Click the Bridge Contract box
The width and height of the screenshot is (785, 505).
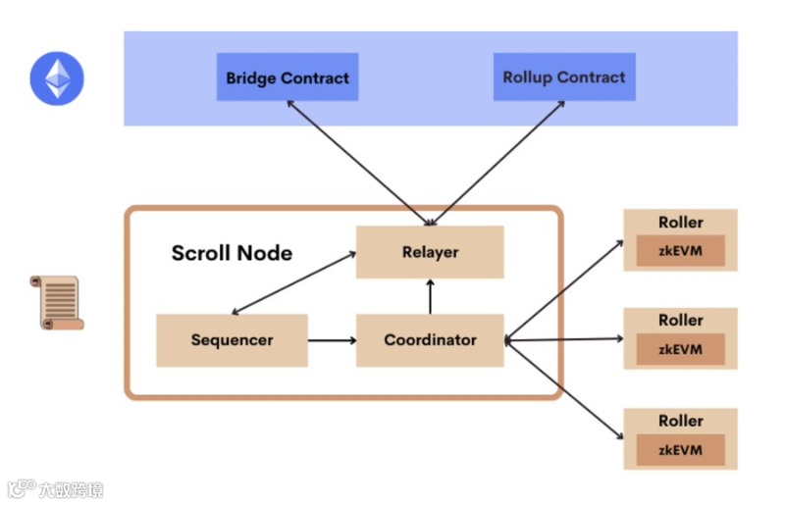point(288,77)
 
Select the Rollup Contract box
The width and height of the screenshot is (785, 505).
point(564,77)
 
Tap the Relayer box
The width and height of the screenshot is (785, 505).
point(430,252)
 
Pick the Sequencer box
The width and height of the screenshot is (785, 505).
point(232,340)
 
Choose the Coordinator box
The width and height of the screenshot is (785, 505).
point(430,340)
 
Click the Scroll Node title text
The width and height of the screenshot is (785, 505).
point(232,253)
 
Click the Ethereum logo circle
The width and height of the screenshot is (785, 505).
point(57,78)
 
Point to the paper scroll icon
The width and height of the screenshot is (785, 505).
point(57,302)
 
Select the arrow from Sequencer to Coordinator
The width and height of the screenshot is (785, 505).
point(332,341)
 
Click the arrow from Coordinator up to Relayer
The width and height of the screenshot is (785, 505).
point(430,297)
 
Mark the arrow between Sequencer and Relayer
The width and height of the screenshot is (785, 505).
point(293,283)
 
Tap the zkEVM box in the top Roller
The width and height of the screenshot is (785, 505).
point(680,251)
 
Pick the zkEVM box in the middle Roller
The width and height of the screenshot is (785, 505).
point(680,349)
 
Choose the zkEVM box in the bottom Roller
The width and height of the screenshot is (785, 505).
point(680,450)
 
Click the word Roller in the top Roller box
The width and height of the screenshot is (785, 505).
point(680,223)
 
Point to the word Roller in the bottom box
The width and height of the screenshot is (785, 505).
point(680,421)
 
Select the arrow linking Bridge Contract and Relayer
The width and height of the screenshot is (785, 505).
point(358,163)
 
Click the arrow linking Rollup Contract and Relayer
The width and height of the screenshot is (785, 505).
point(497,163)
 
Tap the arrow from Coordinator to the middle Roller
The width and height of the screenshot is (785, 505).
point(563,340)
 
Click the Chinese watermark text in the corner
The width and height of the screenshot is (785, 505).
point(71,489)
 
